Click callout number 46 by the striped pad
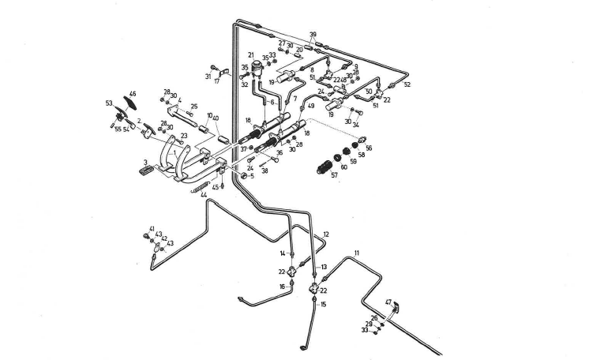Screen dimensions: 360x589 pos(132,93)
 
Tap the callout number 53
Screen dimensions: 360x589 pos(108,103)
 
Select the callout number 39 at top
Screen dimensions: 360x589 pos(313,34)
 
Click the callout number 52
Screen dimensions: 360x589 pos(407,84)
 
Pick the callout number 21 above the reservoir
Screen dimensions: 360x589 pos(250,54)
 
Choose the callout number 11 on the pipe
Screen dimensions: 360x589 pos(356,253)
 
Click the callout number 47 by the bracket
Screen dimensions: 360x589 pos(388,302)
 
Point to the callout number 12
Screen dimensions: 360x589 pos(326,234)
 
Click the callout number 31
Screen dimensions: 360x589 pos(208,77)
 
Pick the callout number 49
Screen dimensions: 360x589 pos(311,106)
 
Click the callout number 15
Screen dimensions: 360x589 pos(322,304)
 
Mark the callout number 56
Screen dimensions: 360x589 pos(369,147)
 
